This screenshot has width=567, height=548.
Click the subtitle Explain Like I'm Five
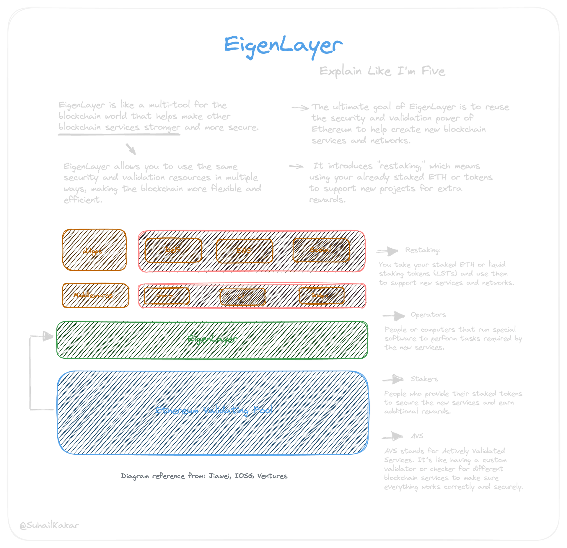(x=382, y=71)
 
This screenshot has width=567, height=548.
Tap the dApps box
(x=94, y=250)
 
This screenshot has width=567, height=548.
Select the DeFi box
(x=173, y=250)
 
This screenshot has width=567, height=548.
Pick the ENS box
(x=244, y=251)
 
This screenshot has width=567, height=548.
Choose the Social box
(x=321, y=250)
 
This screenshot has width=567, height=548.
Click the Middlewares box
(x=95, y=295)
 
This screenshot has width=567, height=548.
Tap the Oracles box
(x=166, y=296)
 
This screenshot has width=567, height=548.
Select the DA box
(x=242, y=296)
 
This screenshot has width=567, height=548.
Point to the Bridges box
(x=321, y=296)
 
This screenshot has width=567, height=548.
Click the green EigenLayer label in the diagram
(x=212, y=339)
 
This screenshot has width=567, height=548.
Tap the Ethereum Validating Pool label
(x=214, y=410)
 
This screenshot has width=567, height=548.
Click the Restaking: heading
(x=423, y=250)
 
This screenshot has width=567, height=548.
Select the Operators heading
(x=428, y=315)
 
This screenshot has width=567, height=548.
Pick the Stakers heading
(x=424, y=379)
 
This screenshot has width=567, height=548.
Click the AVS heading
(x=417, y=436)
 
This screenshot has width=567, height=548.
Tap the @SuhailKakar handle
(x=49, y=525)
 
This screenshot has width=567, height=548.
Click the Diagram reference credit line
(x=204, y=476)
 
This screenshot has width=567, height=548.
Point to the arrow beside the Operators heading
(x=394, y=316)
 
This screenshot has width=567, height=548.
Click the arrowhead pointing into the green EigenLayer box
(x=48, y=336)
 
